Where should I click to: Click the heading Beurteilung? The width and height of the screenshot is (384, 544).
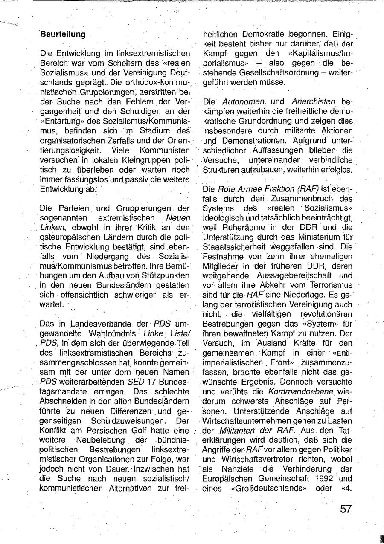point(63,35)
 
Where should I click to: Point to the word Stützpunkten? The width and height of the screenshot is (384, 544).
point(168,275)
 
